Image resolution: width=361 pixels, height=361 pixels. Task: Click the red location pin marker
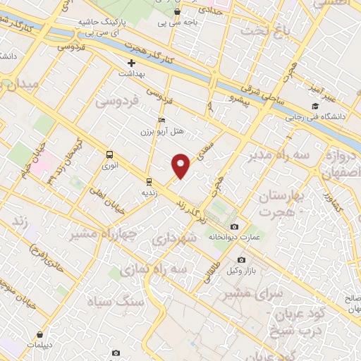point(181,166)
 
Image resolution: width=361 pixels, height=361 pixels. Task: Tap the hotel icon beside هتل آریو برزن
point(161,121)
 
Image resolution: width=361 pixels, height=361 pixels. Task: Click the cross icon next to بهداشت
point(131,63)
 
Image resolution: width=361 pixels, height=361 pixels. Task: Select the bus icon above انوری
point(109,154)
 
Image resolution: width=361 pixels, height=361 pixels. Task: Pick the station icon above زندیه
point(149,180)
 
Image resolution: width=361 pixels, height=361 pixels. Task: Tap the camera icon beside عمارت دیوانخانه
point(234,226)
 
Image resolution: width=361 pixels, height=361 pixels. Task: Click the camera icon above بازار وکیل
point(242,260)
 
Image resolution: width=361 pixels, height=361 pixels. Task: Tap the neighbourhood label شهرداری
point(185,238)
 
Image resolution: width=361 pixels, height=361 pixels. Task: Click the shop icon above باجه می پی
point(176,12)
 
